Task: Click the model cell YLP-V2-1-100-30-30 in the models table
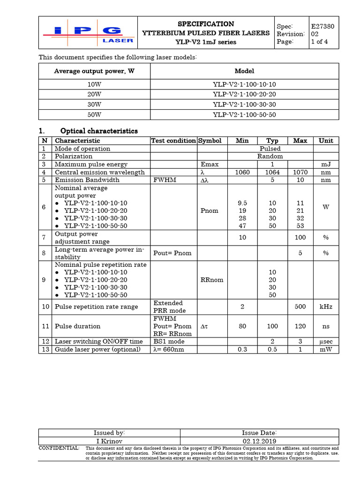[244, 105]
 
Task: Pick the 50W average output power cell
[94, 114]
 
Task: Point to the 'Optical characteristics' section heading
[99, 131]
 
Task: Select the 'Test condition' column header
[173, 141]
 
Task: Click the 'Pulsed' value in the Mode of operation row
[270, 149]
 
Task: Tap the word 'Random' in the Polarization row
[270, 157]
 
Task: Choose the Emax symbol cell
[210, 165]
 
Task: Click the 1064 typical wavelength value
[272, 172]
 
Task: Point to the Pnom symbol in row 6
[210, 210]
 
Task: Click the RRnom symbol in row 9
[211, 280]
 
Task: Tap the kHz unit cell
[326, 307]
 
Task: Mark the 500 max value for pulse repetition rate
[300, 307]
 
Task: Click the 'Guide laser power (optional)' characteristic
[97, 349]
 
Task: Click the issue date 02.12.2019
[259, 441]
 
